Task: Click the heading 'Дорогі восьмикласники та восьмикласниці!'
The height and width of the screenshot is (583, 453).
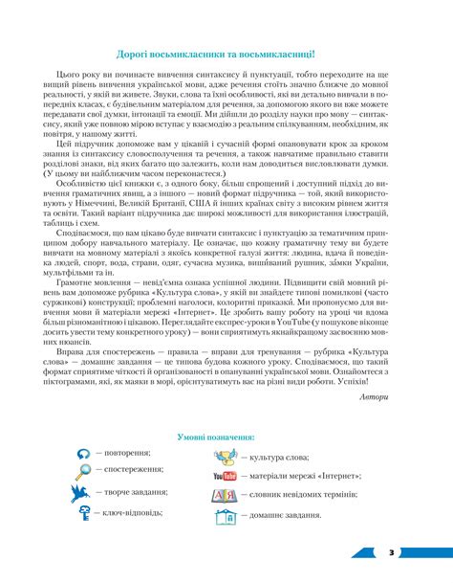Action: click(x=226, y=56)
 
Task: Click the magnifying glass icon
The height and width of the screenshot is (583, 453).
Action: click(x=83, y=470)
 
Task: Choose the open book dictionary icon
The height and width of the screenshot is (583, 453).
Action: click(x=226, y=495)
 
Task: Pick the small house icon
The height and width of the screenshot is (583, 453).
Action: click(x=226, y=516)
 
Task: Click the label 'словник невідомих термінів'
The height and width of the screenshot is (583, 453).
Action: click(x=306, y=495)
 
